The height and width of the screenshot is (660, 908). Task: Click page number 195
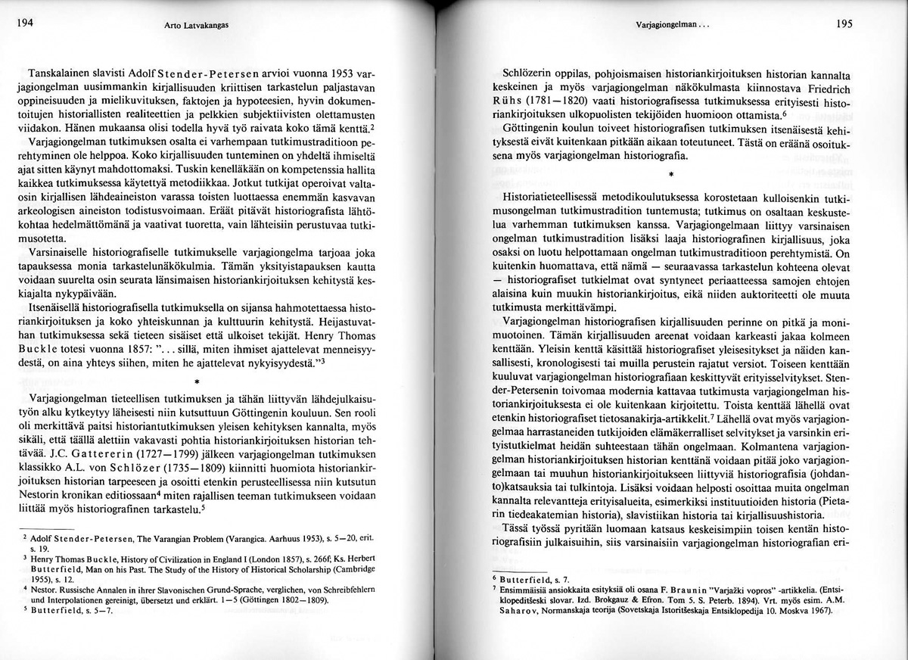[x=845, y=23]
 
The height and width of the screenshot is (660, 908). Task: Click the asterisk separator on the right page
[x=670, y=173]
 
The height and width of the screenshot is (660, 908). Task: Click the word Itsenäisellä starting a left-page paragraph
[x=58, y=311]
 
